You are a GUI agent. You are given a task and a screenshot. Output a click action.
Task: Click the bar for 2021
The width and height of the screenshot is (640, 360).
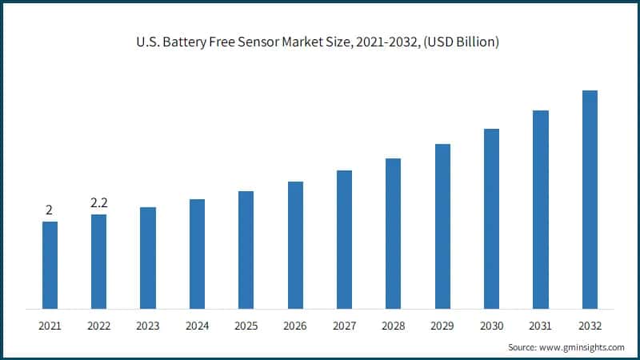tap(50, 265)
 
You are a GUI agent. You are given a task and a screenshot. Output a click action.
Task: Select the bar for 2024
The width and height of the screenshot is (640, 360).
tap(197, 254)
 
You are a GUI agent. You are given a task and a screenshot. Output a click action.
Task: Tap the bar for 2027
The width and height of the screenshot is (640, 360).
tap(344, 239)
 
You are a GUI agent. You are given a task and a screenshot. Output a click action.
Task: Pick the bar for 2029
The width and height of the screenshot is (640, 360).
tap(442, 226)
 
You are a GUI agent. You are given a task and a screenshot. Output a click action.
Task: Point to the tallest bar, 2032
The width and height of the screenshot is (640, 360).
tap(590, 199)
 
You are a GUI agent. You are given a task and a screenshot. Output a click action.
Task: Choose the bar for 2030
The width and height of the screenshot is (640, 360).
tap(491, 218)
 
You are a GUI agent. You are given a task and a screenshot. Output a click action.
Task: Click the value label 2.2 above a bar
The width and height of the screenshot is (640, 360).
tap(98, 204)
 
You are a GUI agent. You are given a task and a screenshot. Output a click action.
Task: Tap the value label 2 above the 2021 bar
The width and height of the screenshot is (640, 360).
tap(49, 211)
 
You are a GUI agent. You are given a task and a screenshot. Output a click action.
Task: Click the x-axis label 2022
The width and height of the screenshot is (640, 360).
tap(98, 326)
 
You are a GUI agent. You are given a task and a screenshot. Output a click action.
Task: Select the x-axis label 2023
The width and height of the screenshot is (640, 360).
tap(147, 326)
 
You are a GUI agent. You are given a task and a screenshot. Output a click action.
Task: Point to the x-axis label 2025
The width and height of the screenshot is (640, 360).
tap(246, 326)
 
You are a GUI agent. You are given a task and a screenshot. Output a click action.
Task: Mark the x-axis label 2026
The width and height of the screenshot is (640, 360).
tap(295, 326)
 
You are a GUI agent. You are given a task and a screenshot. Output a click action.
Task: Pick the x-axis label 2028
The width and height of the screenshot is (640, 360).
tap(393, 326)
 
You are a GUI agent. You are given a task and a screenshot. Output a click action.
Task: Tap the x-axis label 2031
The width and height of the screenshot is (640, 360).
tap(540, 326)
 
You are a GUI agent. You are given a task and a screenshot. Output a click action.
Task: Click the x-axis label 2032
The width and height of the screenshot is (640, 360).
tap(590, 326)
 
